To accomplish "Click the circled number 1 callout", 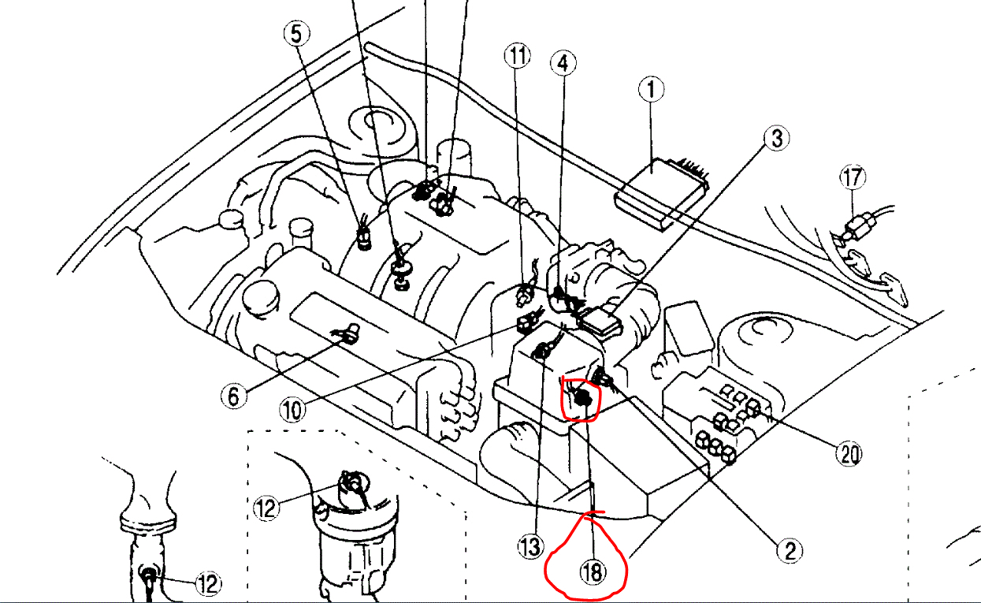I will pyautogui.click(x=651, y=89).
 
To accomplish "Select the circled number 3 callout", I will pyautogui.click(x=776, y=139).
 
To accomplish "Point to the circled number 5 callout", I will pyautogui.click(x=296, y=34).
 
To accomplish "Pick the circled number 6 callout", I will pyautogui.click(x=233, y=395).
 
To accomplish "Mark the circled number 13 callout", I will pyautogui.click(x=531, y=545).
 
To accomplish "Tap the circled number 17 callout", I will pyautogui.click(x=852, y=177).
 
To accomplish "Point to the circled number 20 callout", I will pyautogui.click(x=849, y=454).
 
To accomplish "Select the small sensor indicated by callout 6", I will pyautogui.click(x=345, y=333).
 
